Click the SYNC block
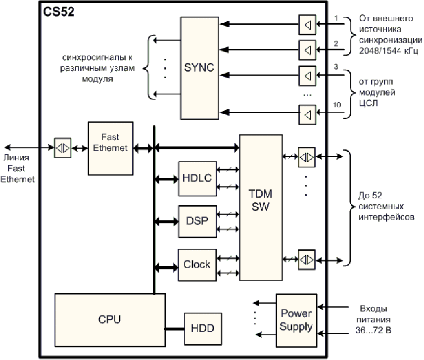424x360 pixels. pyautogui.click(x=199, y=68)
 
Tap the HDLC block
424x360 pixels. pyautogui.click(x=197, y=178)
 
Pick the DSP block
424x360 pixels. pyautogui.click(x=197, y=221)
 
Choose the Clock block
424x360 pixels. pyautogui.click(x=197, y=265)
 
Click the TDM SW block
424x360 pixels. pyautogui.click(x=260, y=200)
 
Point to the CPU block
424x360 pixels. pyautogui.click(x=110, y=319)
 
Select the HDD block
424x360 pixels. pyautogui.click(x=202, y=328)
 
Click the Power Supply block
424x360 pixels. pyautogui.click(x=296, y=320)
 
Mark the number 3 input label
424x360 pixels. pyautogui.click(x=335, y=66)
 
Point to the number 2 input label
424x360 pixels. pyautogui.click(x=335, y=43)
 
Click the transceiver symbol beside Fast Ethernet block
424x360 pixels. pyautogui.click(x=62, y=147)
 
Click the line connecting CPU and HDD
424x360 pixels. pyautogui.click(x=175, y=328)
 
